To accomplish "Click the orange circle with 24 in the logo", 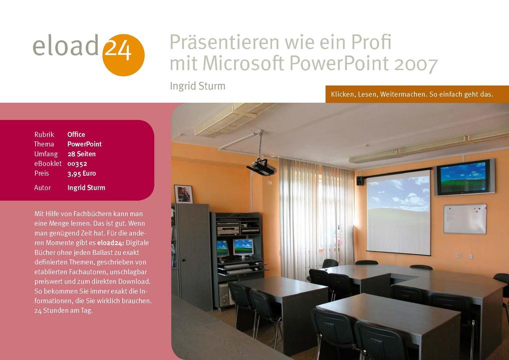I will pos(123,54).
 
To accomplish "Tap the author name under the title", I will pos(198,86).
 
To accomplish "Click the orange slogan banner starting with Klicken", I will pos(412,94).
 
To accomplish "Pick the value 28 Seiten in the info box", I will pos(81,154).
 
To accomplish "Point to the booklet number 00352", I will pos(77,164).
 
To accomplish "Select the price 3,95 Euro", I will pos(81,173).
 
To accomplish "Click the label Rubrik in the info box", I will pos(44,134).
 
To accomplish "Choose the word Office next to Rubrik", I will pos(76,134).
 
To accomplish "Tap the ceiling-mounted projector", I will pos(261,167).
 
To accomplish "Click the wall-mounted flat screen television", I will pos(464,177).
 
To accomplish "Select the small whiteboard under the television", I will pos(465,219).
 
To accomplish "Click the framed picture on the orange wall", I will pos(183,194).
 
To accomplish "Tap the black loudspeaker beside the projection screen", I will pos(360,181).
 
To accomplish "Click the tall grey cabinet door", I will pos(194,256).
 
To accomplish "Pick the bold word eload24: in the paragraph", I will pos(111,243).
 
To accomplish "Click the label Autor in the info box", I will pos(42,188).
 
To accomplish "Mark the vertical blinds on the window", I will pos(316,215).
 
